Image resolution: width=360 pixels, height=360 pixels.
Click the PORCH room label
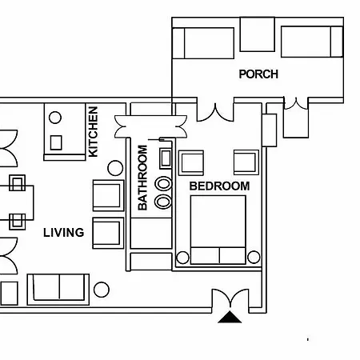point(258,74)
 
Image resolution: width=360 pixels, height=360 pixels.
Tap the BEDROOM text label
point(219,186)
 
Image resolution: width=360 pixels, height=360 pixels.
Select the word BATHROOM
point(142,178)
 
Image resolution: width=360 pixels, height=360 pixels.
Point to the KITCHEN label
point(93,132)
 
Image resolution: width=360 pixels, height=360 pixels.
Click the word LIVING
point(64,233)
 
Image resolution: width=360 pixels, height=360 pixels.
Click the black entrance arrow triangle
point(230,318)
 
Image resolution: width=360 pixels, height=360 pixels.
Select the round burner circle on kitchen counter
point(55,118)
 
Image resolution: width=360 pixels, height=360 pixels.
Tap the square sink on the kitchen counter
point(56,142)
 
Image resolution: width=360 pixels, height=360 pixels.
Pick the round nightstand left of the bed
point(182,258)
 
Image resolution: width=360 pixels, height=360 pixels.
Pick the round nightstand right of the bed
point(254,257)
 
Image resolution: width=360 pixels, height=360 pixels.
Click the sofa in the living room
point(58,289)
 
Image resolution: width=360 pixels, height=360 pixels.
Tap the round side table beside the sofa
point(102,290)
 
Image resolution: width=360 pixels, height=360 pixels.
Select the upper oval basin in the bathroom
point(163,184)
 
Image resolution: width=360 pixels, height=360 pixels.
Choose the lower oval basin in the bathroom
point(162,202)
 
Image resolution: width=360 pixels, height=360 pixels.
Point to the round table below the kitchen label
point(115,168)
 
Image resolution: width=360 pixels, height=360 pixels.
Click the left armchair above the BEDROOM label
point(191,163)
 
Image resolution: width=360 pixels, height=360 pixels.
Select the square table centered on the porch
point(258,34)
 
